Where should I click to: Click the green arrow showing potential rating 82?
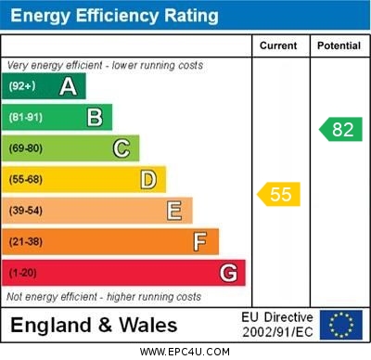coord(340,129)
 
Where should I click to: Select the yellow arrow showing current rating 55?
coord(278,194)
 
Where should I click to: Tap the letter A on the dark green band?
coord(68,86)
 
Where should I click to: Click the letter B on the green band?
coord(95,117)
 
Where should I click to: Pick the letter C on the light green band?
coord(121,148)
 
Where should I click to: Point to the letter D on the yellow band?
coord(147,179)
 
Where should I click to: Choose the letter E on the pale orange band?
coord(174,211)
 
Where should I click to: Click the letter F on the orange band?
coord(199,241)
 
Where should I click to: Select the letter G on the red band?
coord(227,273)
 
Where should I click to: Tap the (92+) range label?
coord(22,87)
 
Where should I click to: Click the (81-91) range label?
coord(26,118)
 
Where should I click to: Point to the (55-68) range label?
coord(26,180)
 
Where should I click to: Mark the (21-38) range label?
coord(26,242)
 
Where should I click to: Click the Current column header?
coord(278,45)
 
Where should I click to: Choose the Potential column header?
coord(339,45)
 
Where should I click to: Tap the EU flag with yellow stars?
coord(340,325)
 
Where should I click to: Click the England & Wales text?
coord(93,326)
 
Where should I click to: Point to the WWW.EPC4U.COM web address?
coord(185,352)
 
